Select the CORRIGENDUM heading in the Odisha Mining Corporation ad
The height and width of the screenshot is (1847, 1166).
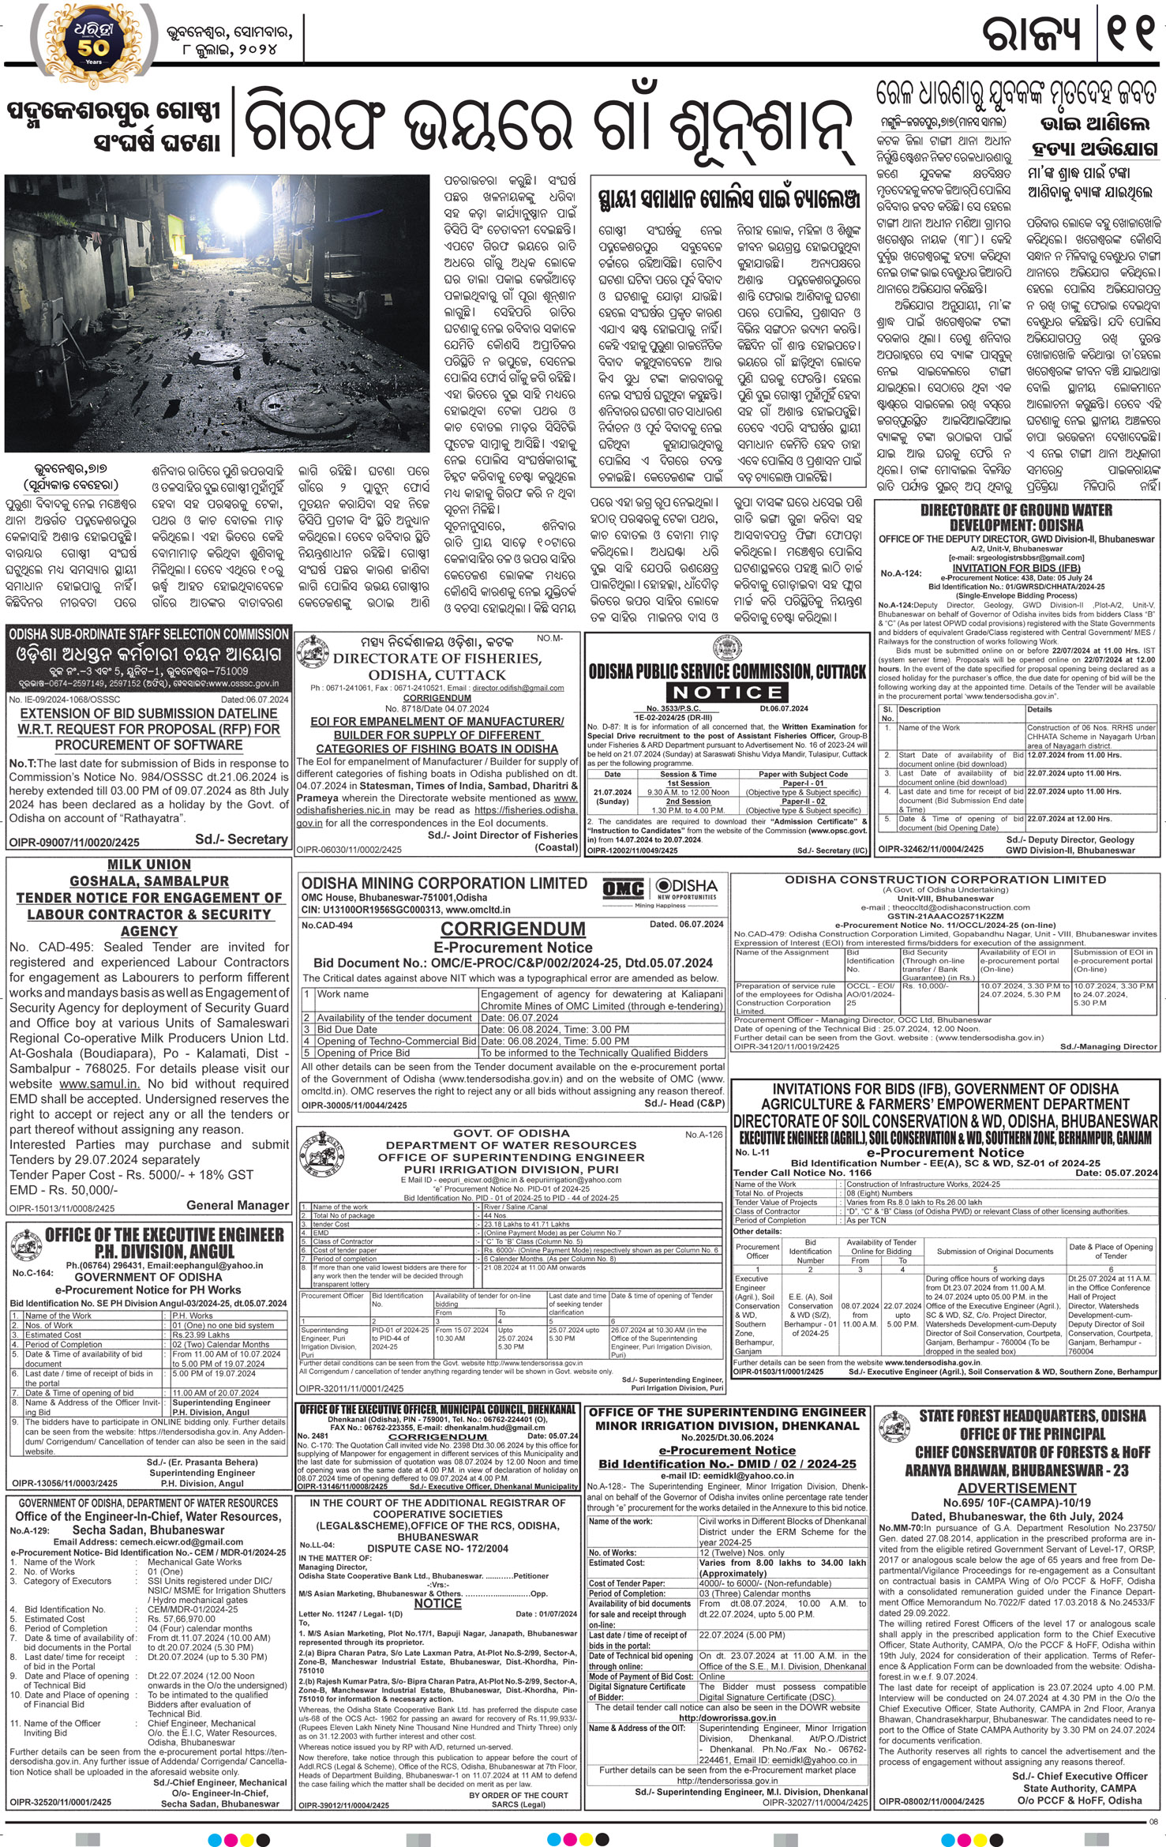[512, 929]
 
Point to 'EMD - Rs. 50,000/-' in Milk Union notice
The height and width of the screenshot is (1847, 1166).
[64, 1190]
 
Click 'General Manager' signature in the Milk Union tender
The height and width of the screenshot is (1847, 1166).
[238, 1205]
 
